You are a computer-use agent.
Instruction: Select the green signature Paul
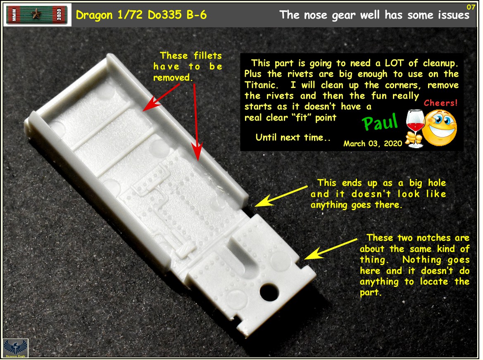point(381,121)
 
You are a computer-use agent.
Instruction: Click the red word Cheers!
point(441,103)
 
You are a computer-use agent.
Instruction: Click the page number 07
point(471,7)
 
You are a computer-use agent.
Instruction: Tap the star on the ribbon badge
point(37,15)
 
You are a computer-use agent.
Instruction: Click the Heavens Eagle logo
point(12,348)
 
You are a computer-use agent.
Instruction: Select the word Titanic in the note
point(259,85)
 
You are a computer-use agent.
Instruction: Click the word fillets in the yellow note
point(206,56)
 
